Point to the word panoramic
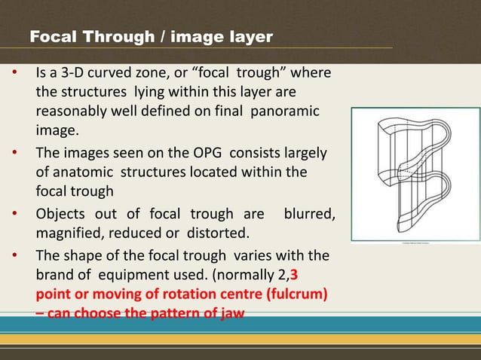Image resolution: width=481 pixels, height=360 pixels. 288,111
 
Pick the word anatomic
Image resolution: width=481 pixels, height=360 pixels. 79,172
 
